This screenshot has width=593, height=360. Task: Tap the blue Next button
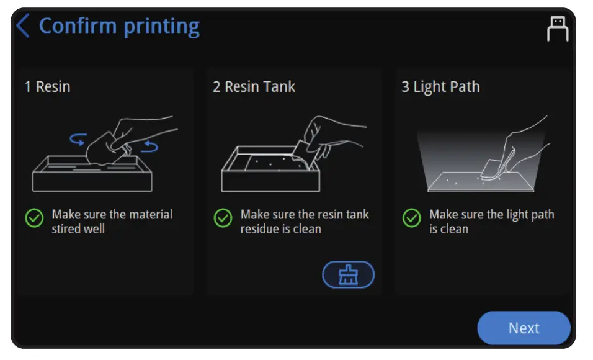point(523,328)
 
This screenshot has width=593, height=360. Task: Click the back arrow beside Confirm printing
point(23,27)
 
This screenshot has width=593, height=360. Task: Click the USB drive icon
point(557,29)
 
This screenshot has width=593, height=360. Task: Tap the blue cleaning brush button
point(348,274)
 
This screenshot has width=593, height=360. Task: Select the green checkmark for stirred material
point(34,218)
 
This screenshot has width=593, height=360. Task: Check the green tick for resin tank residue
point(223,218)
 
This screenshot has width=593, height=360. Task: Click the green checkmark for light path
point(411,218)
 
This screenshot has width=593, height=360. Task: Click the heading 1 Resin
point(47,87)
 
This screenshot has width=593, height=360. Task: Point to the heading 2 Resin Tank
point(254,87)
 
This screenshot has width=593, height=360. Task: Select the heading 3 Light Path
point(440,87)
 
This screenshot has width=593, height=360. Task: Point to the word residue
point(261,229)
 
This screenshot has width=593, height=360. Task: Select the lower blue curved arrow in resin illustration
point(149,146)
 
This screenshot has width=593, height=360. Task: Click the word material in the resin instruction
point(150,215)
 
